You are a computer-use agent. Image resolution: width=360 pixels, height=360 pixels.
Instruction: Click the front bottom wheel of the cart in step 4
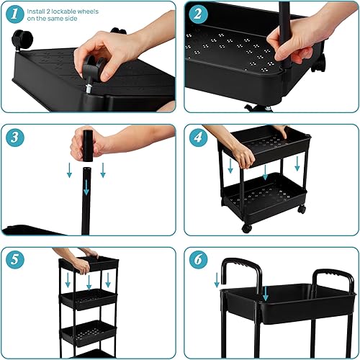click(247, 228)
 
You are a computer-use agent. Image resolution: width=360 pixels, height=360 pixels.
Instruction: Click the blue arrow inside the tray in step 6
click(266, 292)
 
